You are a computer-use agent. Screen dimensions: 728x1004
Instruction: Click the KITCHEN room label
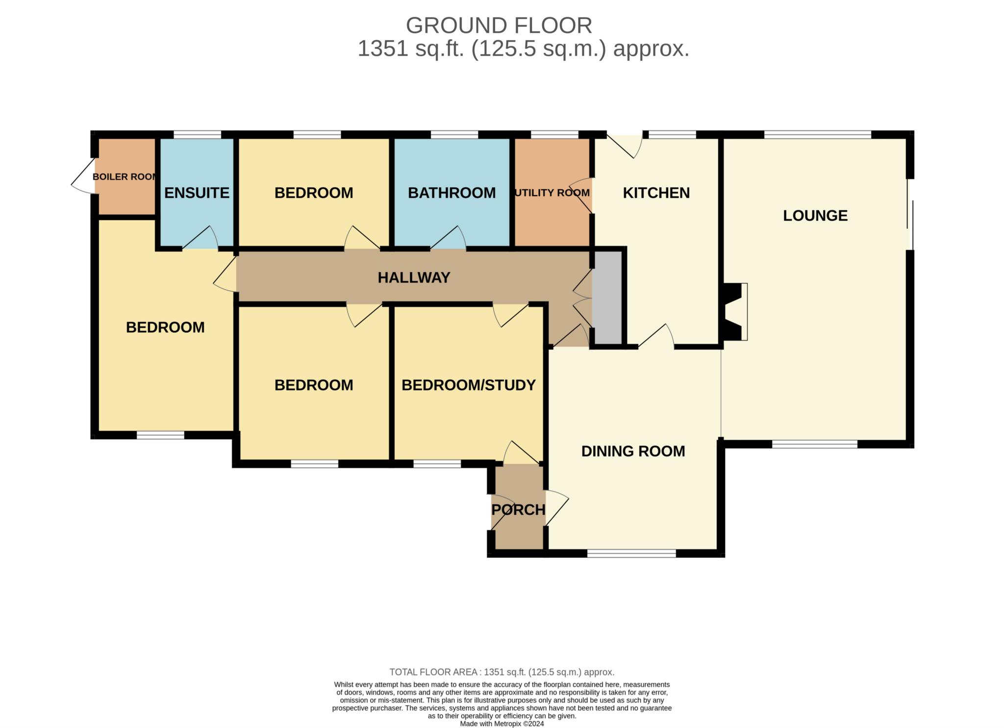[656, 193]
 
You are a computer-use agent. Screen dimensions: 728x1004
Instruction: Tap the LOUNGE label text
[815, 215]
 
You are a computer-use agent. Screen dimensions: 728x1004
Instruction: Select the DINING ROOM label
[633, 451]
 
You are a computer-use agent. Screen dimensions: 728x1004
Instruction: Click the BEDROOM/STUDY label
[468, 385]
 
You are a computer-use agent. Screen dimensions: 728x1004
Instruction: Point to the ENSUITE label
[197, 193]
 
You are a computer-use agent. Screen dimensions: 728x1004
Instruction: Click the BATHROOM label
[452, 193]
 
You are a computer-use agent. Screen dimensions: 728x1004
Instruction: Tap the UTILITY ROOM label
[552, 193]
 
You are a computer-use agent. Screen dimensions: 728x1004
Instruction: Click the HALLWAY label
[414, 277]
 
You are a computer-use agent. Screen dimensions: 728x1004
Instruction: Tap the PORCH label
[518, 510]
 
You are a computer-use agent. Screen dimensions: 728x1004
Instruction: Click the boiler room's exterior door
[82, 176]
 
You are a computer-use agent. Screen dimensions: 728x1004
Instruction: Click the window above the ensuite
[197, 134]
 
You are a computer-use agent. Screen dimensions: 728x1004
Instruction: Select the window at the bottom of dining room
[631, 553]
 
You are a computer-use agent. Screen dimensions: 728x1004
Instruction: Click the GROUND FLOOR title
[499, 25]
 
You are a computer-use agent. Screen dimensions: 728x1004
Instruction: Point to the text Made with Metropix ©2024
[502, 724]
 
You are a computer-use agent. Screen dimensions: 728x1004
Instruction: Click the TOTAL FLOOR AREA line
[502, 672]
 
